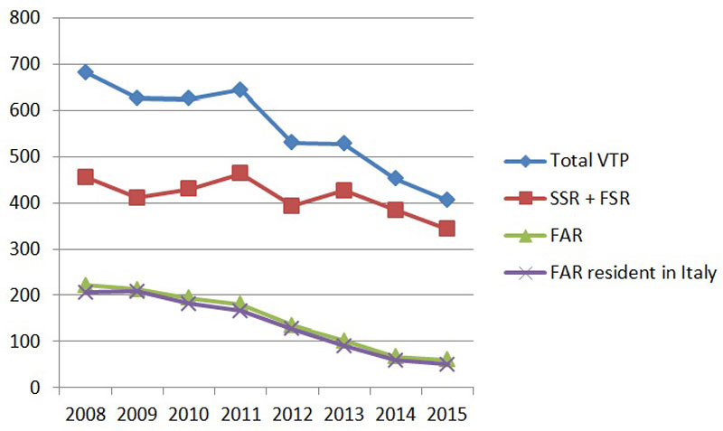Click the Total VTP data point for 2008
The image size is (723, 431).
86,72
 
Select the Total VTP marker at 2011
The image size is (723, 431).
240,89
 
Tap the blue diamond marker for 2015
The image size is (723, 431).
446,200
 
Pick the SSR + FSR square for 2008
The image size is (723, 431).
86,177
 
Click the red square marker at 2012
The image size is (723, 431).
292,205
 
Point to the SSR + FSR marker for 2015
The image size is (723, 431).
446,229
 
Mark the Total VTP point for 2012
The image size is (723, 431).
292,142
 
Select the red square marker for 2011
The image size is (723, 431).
240,173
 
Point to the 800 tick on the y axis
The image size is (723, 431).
28,18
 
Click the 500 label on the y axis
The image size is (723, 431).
28,157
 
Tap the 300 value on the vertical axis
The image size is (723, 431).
28,249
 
